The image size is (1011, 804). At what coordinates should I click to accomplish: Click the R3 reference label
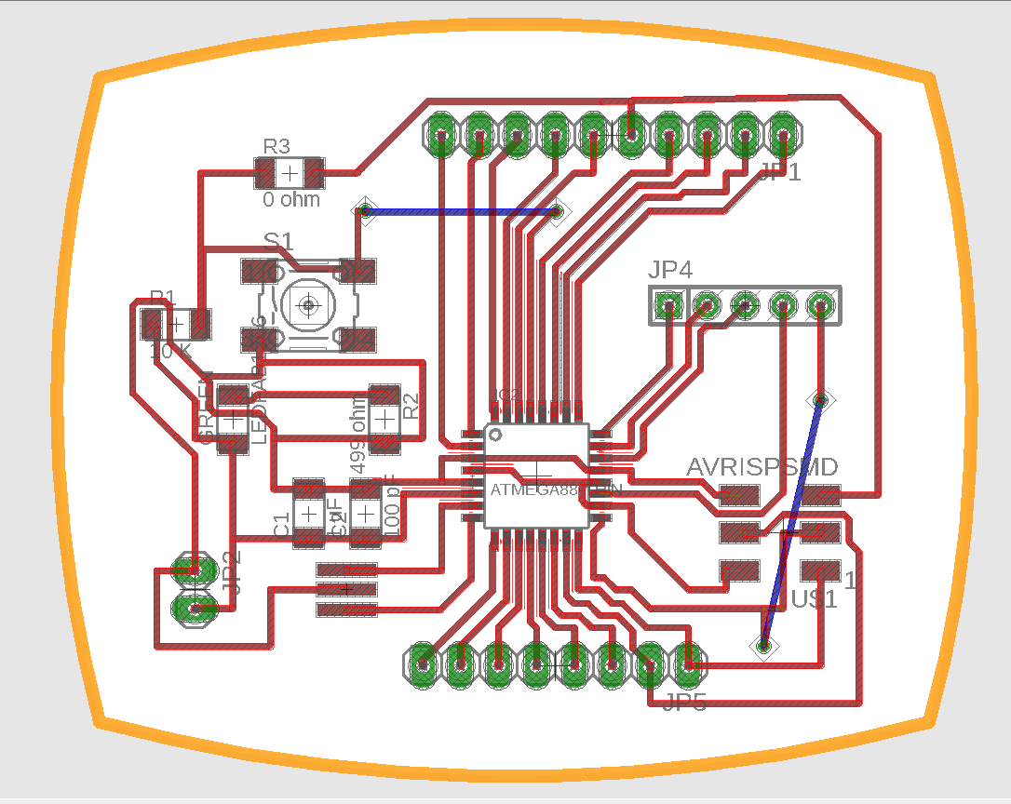point(276,146)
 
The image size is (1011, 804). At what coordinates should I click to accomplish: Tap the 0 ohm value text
point(290,199)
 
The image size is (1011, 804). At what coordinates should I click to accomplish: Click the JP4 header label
point(670,271)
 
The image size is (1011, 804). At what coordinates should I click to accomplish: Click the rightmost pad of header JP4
point(820,304)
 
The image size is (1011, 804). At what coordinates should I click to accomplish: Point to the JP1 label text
point(779,172)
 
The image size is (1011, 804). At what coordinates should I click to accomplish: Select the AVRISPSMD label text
point(762,466)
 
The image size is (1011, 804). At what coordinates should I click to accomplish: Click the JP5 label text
point(684,703)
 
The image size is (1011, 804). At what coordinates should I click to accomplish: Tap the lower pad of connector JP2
point(195,610)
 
